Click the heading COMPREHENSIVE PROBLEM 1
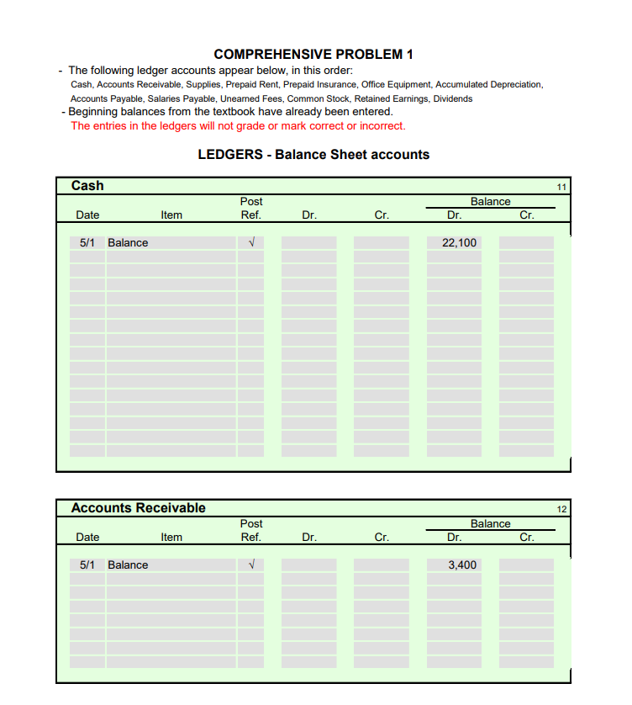313,55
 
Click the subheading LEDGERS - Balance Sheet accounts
313,155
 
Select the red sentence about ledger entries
238,126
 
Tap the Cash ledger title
87,185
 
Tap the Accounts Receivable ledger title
138,507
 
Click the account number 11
561,187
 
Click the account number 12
561,509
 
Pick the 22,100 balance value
459,243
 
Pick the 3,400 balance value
462,565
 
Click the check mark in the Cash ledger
250,243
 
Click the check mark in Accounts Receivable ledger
250,565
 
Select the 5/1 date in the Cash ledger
87,243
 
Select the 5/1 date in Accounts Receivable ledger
87,565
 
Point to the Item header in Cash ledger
171,215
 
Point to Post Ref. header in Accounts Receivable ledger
250,530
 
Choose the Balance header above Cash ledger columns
490,202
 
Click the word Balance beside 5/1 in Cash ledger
128,243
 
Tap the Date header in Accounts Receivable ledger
87,538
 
